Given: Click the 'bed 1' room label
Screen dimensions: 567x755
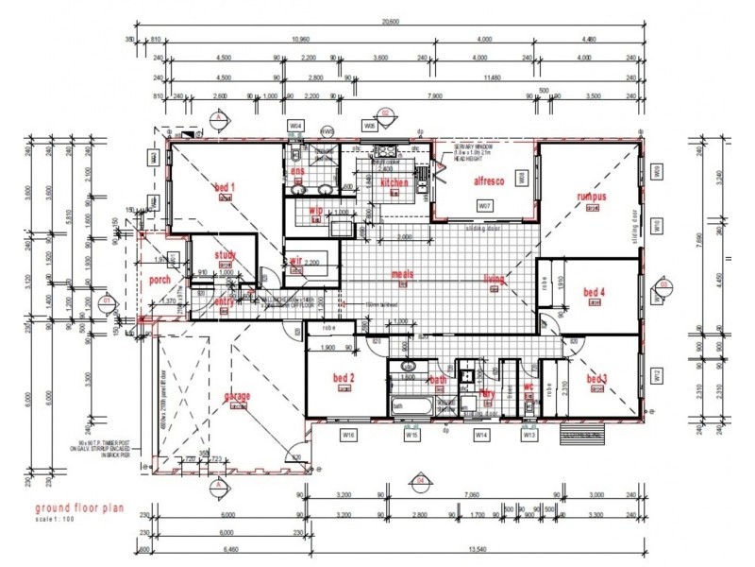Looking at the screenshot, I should click(225, 187).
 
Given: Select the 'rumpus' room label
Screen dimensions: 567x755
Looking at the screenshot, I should click(592, 197).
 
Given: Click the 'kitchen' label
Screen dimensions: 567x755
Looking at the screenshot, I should click(394, 182).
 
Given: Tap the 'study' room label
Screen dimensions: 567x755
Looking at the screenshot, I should click(224, 254).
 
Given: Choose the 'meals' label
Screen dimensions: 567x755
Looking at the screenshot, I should click(404, 275).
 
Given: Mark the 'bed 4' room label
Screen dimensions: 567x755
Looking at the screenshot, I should click(594, 291).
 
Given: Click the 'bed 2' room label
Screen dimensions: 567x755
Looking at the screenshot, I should click(344, 379).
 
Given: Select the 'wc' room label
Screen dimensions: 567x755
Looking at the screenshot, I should click(528, 386).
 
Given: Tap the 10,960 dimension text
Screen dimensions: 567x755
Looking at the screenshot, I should click(299, 39).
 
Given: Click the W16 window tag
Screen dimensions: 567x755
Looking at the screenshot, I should click(348, 435).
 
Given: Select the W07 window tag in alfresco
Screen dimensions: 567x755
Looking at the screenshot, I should click(484, 205).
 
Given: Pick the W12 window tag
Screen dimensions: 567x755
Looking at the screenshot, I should click(654, 374).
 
